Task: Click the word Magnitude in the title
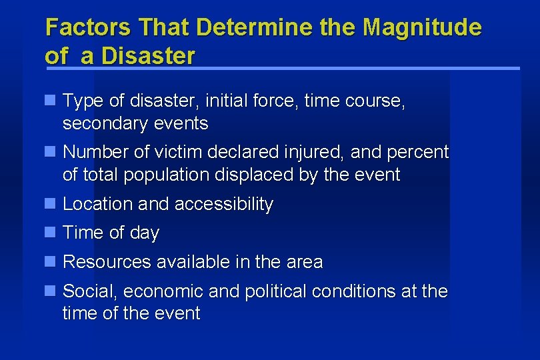click(422, 28)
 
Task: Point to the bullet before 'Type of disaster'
click(49, 101)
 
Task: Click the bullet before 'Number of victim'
click(49, 151)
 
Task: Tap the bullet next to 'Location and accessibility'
click(49, 203)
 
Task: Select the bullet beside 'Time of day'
click(49, 232)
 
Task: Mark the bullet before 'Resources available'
click(49, 261)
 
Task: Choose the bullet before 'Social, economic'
click(49, 291)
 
